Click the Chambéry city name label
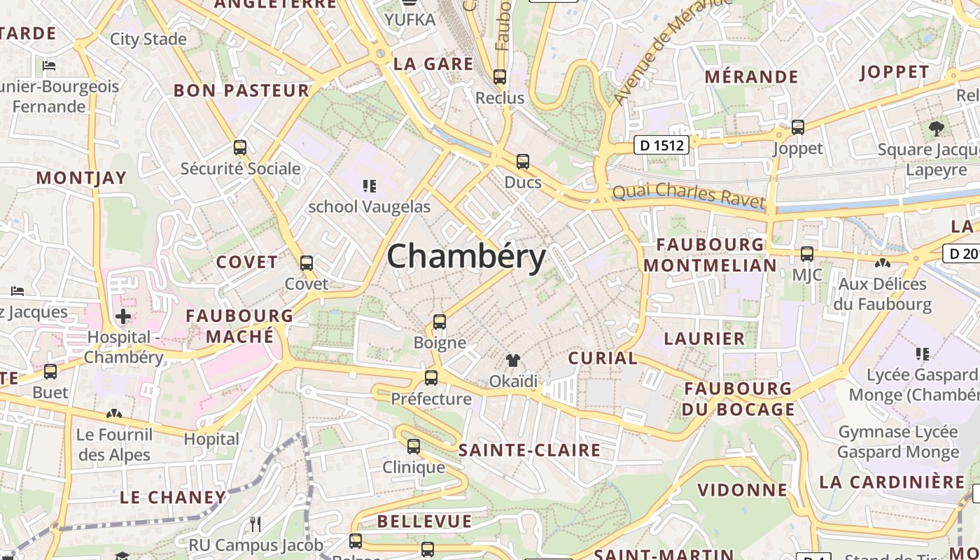(x=466, y=256)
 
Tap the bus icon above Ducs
(x=523, y=162)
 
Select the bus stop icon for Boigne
(x=440, y=322)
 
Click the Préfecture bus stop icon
(x=431, y=378)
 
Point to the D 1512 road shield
(x=661, y=145)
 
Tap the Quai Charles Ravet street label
(x=689, y=195)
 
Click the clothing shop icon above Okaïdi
(x=513, y=360)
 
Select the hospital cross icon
(x=123, y=316)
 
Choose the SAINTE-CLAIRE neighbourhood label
(x=529, y=450)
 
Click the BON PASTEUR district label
(x=241, y=90)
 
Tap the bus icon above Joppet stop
(x=798, y=127)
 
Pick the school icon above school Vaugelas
(x=370, y=186)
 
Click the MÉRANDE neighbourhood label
(x=751, y=76)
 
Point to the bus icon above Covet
(x=307, y=263)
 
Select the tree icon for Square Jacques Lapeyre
(x=936, y=129)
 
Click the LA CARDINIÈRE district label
(x=892, y=482)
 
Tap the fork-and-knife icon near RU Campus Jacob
(x=255, y=524)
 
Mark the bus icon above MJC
(x=807, y=254)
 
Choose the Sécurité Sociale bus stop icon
(x=240, y=148)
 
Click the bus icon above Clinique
(x=414, y=447)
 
